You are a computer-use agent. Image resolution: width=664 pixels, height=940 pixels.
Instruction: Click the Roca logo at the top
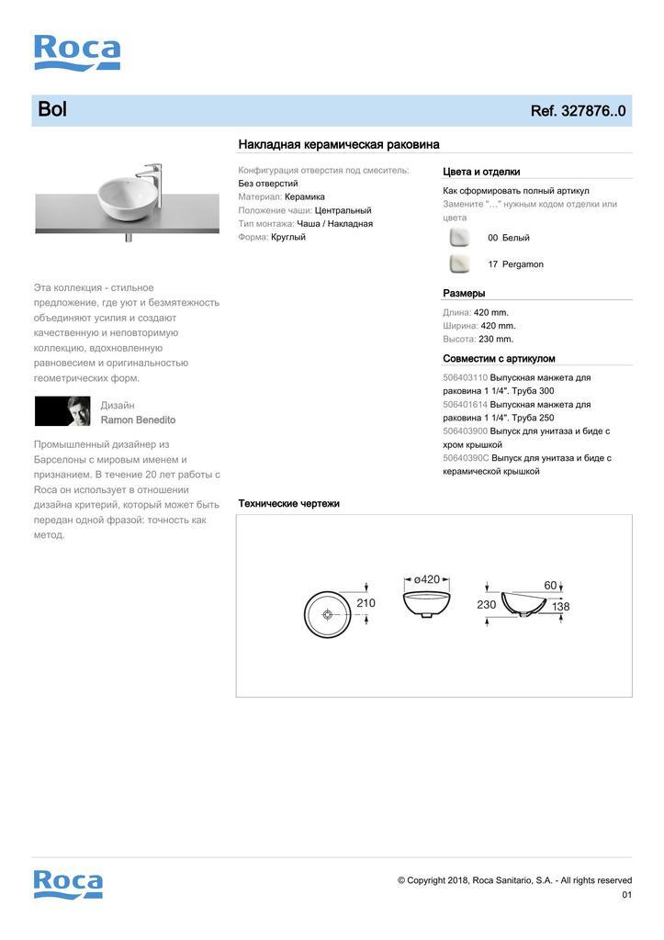tap(77, 52)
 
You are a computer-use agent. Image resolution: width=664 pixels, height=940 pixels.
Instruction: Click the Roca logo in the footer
tap(68, 883)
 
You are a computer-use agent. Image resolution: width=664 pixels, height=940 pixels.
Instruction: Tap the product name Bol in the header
tap(52, 110)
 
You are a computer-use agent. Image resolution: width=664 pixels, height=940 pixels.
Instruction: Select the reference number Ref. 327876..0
tap(578, 111)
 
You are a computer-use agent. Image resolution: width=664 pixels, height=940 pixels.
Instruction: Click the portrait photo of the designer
tap(62, 411)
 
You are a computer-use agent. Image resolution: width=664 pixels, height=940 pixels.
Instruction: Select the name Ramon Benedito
tap(138, 420)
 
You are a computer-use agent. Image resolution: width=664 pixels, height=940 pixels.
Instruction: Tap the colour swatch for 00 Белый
tap(459, 238)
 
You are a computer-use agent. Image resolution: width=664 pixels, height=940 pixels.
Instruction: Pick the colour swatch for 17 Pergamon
tap(459, 264)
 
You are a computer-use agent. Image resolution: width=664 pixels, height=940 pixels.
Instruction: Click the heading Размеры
tap(464, 294)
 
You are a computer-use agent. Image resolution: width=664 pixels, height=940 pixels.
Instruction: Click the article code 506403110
tap(466, 378)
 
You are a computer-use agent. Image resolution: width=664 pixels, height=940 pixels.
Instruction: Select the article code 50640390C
tap(466, 458)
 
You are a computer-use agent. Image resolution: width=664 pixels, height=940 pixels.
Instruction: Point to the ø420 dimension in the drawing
tap(427, 579)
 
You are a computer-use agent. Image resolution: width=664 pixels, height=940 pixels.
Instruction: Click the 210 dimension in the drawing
tap(366, 603)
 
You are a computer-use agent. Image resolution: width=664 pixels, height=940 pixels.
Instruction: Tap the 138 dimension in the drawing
tap(561, 607)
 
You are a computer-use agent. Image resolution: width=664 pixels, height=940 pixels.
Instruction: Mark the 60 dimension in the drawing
tap(551, 585)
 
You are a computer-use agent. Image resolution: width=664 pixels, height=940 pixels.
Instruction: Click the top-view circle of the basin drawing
tap(328, 614)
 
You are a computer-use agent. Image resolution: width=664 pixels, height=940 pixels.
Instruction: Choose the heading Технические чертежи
tap(289, 504)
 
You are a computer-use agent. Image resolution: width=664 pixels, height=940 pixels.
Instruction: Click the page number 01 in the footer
tap(626, 895)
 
